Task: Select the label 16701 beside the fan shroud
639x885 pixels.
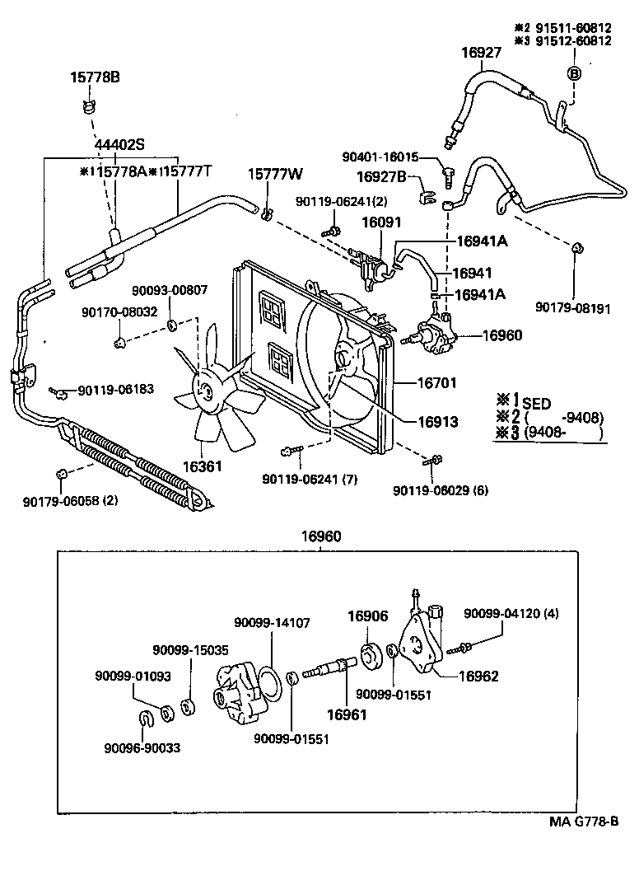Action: point(437,383)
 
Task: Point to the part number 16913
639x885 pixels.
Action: point(437,421)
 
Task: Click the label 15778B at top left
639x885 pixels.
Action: point(94,77)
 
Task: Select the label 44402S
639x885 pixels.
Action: point(119,143)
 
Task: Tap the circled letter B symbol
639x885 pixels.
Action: point(574,73)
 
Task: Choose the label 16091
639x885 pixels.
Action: point(380,222)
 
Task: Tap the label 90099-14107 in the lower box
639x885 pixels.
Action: point(272,623)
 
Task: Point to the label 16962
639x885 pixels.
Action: point(478,676)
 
